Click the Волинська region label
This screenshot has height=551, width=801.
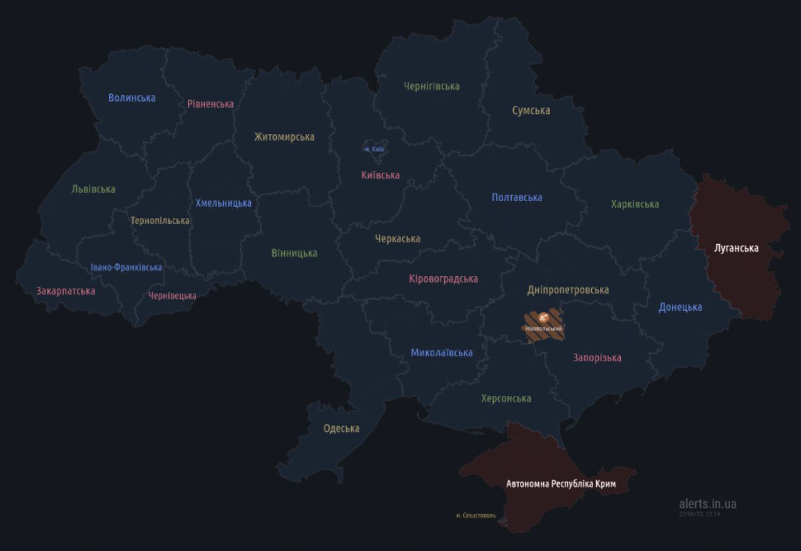tap(131, 98)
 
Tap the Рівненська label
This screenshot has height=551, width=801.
tap(210, 104)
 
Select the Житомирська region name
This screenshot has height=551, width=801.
tap(284, 136)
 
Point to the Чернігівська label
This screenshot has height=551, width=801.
tap(432, 86)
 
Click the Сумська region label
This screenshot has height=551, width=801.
tap(531, 110)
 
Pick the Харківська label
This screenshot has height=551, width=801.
tap(635, 204)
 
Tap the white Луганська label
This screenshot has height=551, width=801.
tap(736, 248)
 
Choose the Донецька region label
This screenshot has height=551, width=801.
tap(680, 307)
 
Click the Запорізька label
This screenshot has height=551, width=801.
tap(597, 358)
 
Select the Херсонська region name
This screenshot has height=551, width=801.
tap(506, 398)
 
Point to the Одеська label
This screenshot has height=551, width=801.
tap(341, 428)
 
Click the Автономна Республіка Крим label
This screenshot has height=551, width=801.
tap(561, 483)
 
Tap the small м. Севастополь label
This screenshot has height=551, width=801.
tap(476, 516)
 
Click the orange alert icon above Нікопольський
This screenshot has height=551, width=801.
tap(544, 317)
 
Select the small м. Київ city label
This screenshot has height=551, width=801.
tap(374, 149)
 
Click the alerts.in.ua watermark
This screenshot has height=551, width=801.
tap(707, 503)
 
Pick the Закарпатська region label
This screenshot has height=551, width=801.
tap(66, 291)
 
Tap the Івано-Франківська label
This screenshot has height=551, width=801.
tap(126, 267)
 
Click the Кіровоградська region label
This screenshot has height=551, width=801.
tap(443, 279)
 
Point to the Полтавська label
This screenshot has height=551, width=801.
tap(517, 197)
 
